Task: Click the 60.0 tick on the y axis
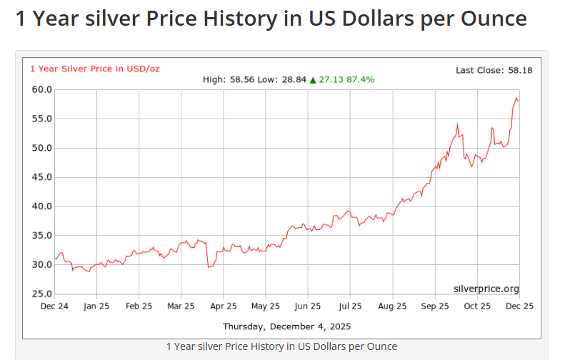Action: click(x=42, y=89)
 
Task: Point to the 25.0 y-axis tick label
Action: click(x=42, y=294)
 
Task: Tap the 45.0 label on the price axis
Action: click(x=42, y=177)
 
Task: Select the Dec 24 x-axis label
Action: click(x=54, y=306)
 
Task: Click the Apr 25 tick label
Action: click(x=224, y=306)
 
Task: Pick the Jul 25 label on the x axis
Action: click(x=350, y=306)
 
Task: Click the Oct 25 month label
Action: click(x=477, y=306)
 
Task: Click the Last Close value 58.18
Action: click(x=520, y=70)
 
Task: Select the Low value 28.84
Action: click(x=293, y=79)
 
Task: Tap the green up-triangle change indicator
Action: click(x=313, y=79)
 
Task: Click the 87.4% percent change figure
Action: click(x=360, y=79)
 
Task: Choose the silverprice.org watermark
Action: click(x=486, y=289)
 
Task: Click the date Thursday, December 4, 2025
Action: click(x=286, y=326)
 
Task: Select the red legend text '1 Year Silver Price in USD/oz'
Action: click(x=94, y=69)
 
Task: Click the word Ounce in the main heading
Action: click(x=491, y=19)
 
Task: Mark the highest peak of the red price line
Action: click(x=516, y=98)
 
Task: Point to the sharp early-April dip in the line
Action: click(x=209, y=267)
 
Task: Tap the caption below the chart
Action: click(x=281, y=346)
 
